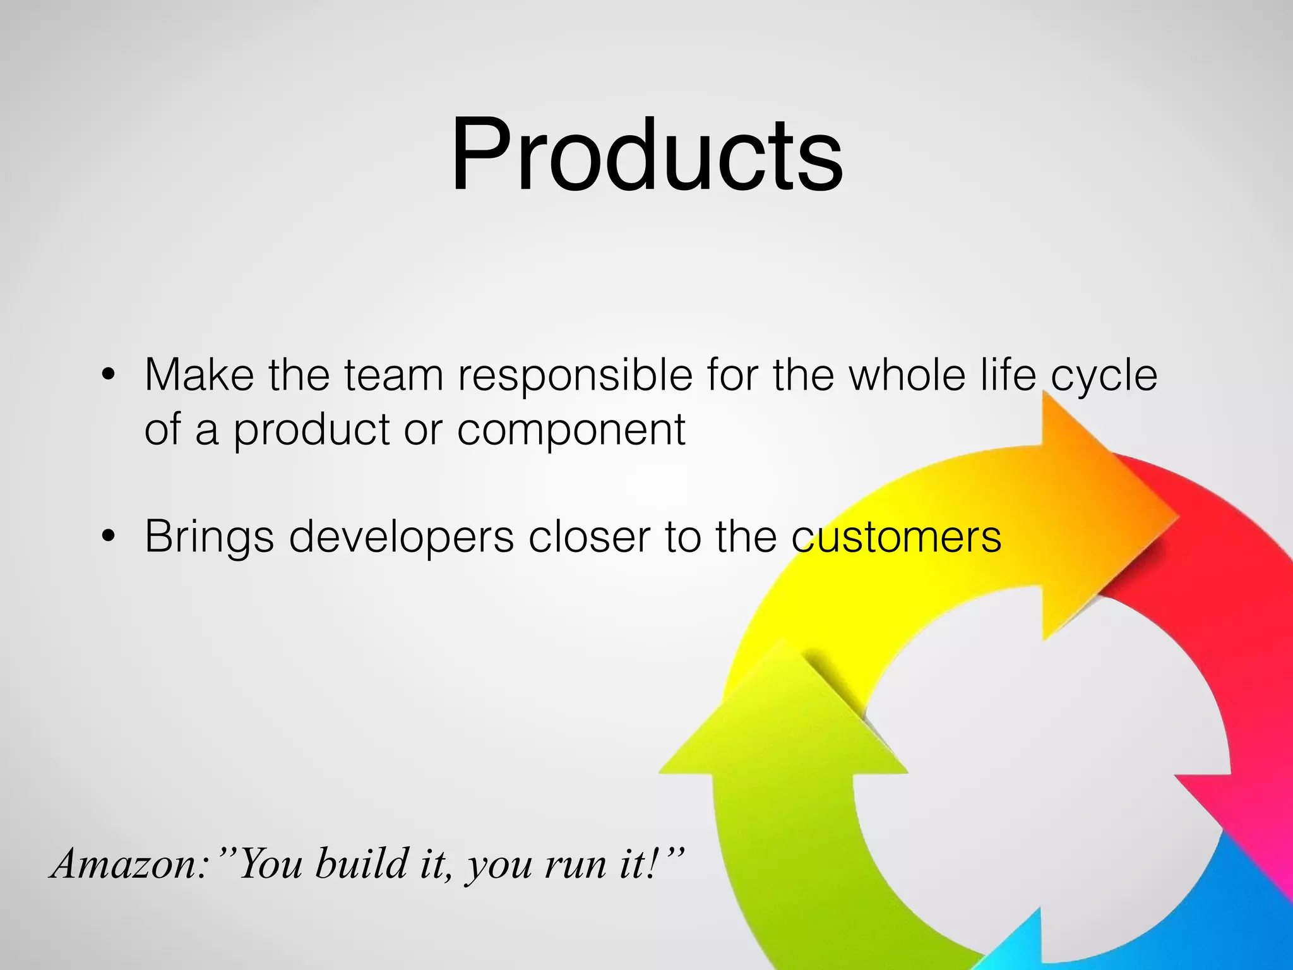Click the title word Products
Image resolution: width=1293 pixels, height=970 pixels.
pyautogui.click(x=646, y=155)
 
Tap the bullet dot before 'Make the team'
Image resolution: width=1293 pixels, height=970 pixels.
pyautogui.click(x=109, y=375)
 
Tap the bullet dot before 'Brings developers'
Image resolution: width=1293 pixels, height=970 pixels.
pyautogui.click(x=109, y=536)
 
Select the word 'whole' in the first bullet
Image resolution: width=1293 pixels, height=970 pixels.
pyautogui.click(x=907, y=375)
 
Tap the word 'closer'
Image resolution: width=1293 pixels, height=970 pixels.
pyautogui.click(x=589, y=537)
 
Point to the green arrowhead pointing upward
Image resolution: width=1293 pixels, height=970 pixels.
pyautogui.click(x=783, y=726)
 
